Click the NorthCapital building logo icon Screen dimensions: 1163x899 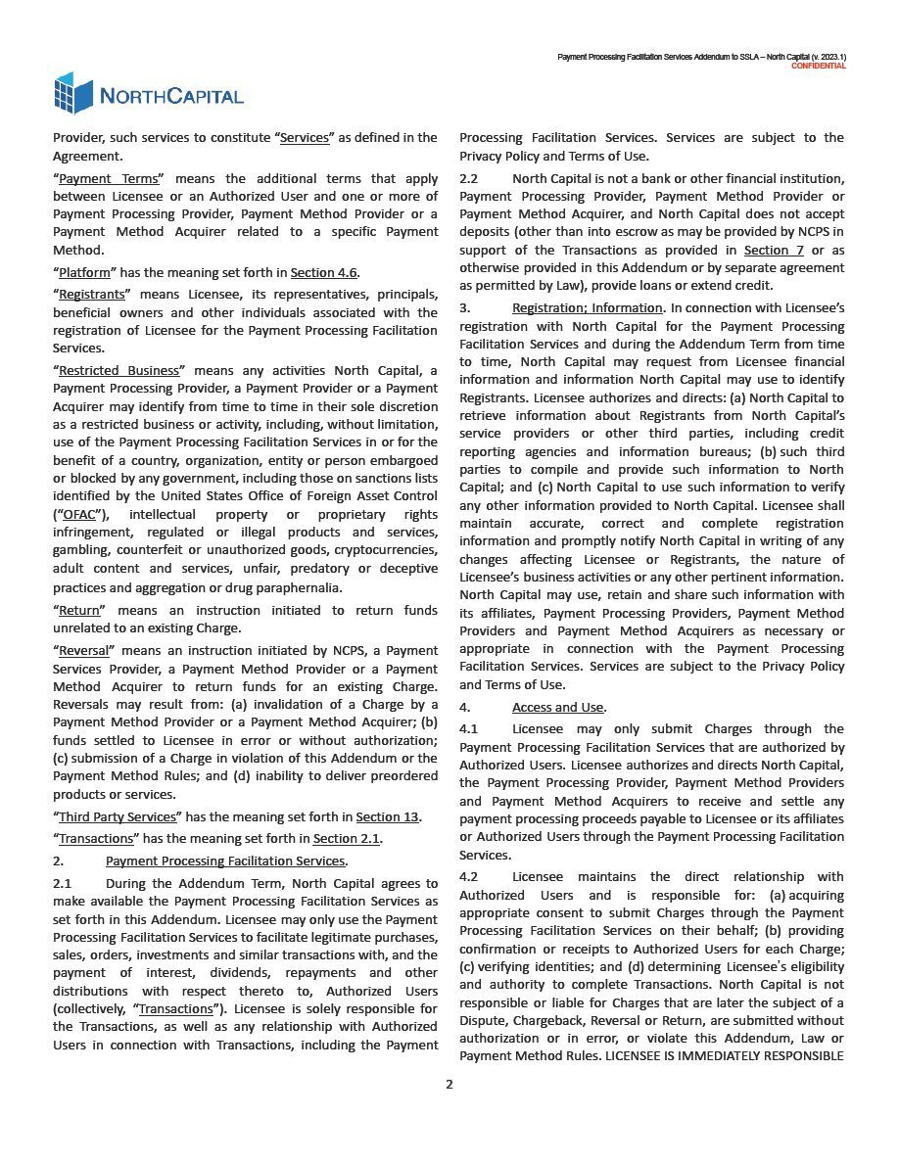click(73, 93)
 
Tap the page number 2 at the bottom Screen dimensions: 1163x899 click(449, 1084)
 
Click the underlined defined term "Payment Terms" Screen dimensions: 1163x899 click(110, 179)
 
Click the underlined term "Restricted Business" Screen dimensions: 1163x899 click(119, 371)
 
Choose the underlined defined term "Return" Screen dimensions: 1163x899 click(79, 610)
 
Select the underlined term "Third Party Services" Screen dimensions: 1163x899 click(118, 816)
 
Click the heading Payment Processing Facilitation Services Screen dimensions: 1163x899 click(225, 861)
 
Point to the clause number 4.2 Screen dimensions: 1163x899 click(469, 877)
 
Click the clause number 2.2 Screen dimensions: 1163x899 click(469, 179)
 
